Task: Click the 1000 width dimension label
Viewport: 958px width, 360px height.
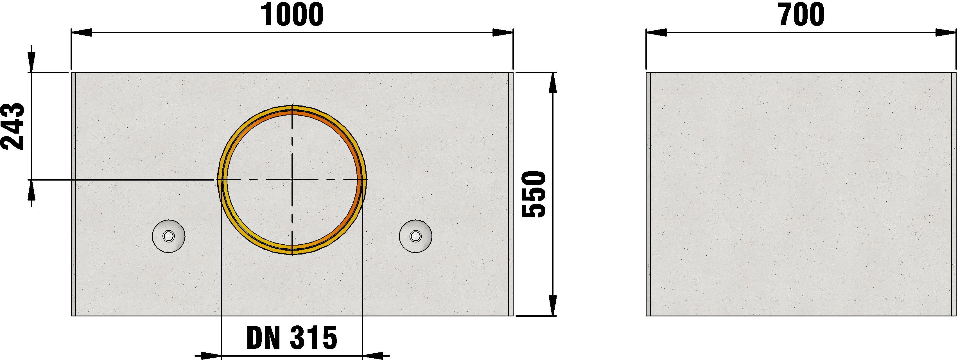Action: (292, 15)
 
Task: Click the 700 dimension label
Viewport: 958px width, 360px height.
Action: (801, 15)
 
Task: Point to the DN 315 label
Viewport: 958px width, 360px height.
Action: (292, 338)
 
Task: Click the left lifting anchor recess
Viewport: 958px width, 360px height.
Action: (169, 236)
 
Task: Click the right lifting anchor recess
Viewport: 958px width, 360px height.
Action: (415, 236)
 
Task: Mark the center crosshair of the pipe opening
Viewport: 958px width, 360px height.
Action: (292, 180)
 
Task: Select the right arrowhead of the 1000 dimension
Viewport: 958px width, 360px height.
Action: (503, 33)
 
